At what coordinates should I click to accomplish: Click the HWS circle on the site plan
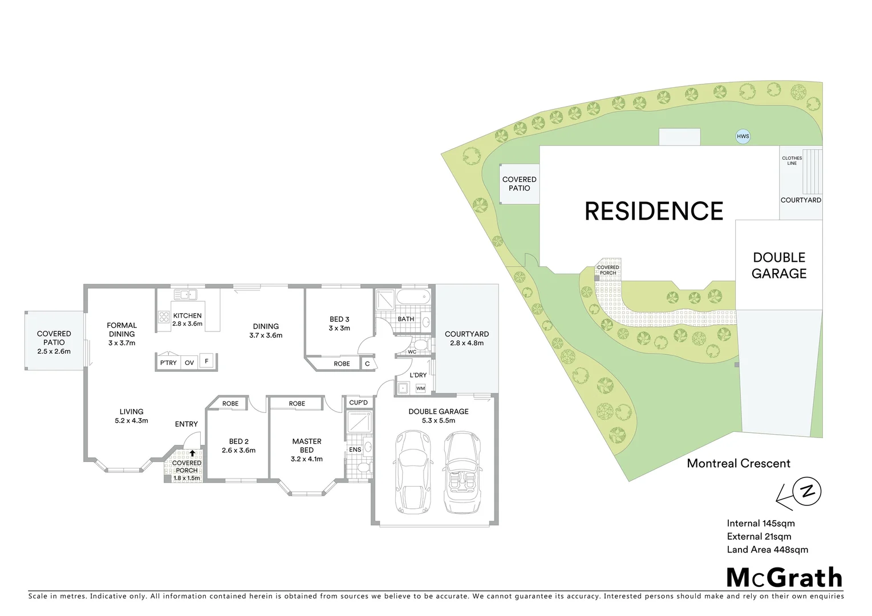click(x=743, y=136)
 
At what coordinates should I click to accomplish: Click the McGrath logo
click(x=784, y=578)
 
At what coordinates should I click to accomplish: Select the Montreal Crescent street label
click(x=739, y=464)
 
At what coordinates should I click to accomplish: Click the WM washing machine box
click(x=420, y=388)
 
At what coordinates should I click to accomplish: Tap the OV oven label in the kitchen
click(x=189, y=363)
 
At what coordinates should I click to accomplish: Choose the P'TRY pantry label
click(x=168, y=363)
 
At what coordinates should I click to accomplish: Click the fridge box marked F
click(x=206, y=361)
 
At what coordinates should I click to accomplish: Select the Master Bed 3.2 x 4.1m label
click(x=307, y=450)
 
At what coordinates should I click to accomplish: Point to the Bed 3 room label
click(x=339, y=323)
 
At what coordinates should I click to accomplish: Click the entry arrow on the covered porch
click(x=192, y=453)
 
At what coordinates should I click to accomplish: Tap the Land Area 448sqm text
click(x=767, y=550)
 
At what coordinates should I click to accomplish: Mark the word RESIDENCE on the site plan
click(x=654, y=212)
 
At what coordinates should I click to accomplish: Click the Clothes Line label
click(x=792, y=161)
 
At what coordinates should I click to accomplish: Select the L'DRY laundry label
click(x=418, y=375)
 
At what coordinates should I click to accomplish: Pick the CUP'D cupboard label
click(x=358, y=403)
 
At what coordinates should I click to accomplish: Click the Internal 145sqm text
click(x=760, y=524)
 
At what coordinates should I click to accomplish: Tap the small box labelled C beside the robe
click(x=367, y=363)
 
